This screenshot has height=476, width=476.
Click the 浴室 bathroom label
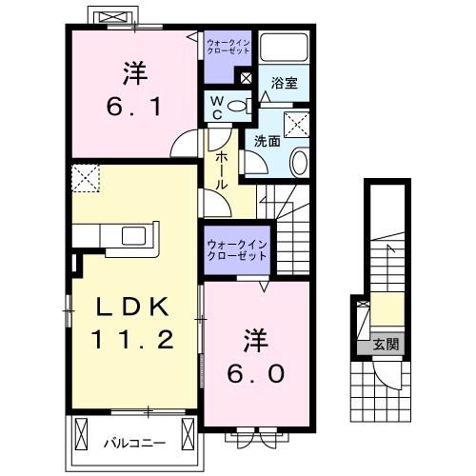284,83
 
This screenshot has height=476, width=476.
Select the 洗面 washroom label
266,140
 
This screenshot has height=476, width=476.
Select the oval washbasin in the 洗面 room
299,162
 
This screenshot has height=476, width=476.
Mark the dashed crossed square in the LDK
85,178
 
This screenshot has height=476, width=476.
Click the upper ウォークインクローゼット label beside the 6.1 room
228,45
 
